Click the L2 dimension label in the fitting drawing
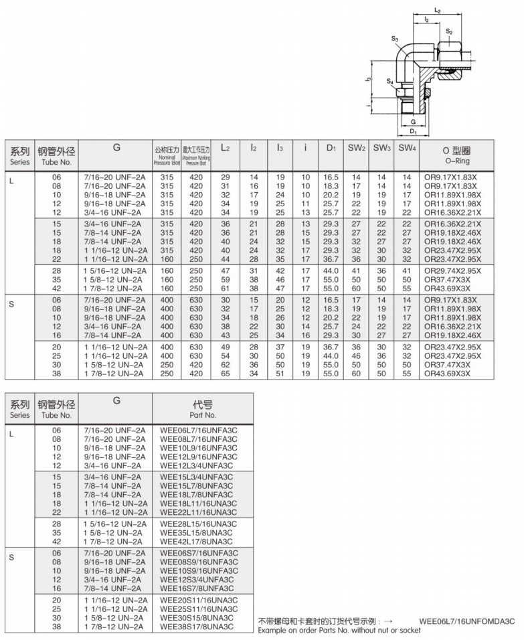[437, 11]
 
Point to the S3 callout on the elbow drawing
[395, 39]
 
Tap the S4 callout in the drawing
[389, 80]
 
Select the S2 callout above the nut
[449, 31]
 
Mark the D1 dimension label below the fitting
[413, 131]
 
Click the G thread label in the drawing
[413, 122]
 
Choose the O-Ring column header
[457, 154]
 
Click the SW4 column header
[406, 148]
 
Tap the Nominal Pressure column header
[167, 154]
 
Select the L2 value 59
[226, 278]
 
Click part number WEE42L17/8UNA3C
[197, 541]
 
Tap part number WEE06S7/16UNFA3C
[199, 553]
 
